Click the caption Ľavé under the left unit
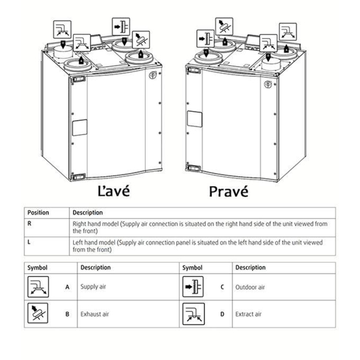(114, 191)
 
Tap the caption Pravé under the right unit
(229, 191)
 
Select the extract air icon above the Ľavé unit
(62, 29)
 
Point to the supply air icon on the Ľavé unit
(82, 43)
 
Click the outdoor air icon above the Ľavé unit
(121, 27)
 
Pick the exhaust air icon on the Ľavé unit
(141, 40)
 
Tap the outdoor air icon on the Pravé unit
(206, 39)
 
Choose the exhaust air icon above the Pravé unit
(224, 27)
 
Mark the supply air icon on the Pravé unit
(288, 32)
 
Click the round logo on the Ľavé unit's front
(152, 75)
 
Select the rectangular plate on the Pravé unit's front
(194, 119)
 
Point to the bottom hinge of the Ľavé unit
(78, 177)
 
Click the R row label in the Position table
(29, 223)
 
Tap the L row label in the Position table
(29, 242)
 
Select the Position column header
(38, 212)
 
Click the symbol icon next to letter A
(38, 287)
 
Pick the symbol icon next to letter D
(194, 314)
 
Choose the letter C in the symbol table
(222, 287)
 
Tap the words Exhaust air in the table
(94, 314)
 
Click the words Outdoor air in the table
(250, 287)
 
